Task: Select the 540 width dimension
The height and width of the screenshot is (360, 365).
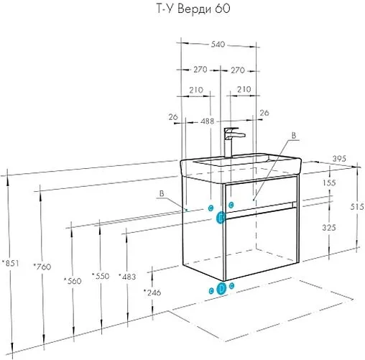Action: pyautogui.click(x=218, y=44)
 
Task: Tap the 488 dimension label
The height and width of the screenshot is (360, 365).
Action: pyautogui.click(x=207, y=121)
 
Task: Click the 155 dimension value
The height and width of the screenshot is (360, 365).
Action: pyautogui.click(x=330, y=183)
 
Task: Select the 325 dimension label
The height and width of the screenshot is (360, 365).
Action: pyautogui.click(x=330, y=227)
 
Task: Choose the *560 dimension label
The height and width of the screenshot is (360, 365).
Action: pyautogui.click(x=73, y=280)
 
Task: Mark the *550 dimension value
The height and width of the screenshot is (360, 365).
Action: pyautogui.click(x=101, y=275)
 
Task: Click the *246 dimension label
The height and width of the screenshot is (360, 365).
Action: pyautogui.click(x=152, y=292)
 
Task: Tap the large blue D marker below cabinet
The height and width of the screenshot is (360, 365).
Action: pyautogui.click(x=222, y=288)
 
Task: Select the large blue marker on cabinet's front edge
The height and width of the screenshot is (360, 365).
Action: pyautogui.click(x=222, y=216)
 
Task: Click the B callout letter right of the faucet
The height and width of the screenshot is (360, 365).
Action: pyautogui.click(x=292, y=134)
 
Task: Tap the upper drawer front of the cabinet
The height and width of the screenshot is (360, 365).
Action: pyautogui.click(x=261, y=195)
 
